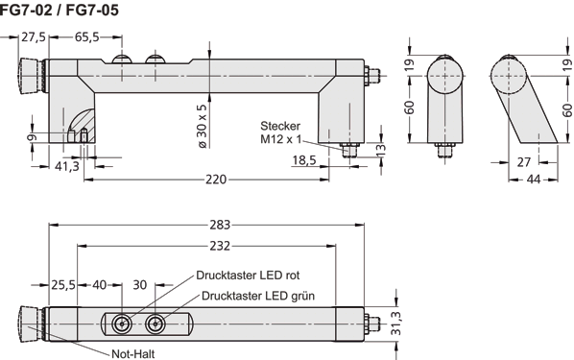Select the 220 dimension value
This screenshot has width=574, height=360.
tap(217, 178)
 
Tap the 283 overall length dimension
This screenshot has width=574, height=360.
tap(219, 226)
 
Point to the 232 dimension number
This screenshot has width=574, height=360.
tap(219, 247)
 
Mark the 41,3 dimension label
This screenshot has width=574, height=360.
tap(66, 166)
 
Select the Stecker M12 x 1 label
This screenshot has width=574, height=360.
tap(280, 132)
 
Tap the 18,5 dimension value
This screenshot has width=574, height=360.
tap(305, 160)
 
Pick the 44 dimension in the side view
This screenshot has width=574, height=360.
tap(539, 180)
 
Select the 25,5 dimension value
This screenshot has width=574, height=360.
tap(63, 285)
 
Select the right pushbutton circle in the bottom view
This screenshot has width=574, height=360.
tap(152, 324)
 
